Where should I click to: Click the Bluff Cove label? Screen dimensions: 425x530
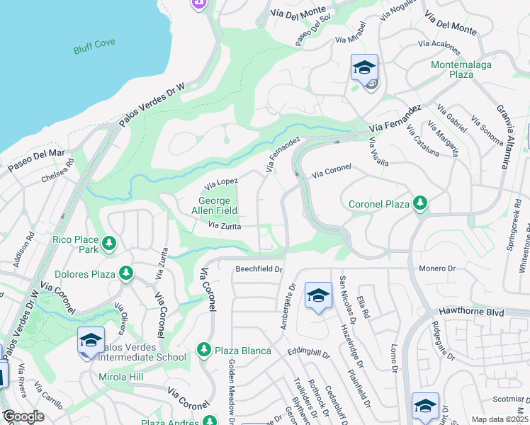tap(93, 50)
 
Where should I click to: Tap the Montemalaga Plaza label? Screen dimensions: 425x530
tap(462, 69)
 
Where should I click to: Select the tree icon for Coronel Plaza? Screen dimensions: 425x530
tap(420, 204)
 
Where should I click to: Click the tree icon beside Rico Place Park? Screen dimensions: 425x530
tap(108, 244)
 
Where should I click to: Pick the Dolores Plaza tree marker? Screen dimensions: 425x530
tap(125, 273)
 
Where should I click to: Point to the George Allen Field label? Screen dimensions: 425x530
tap(214, 205)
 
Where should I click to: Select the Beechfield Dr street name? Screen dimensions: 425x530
tap(259, 269)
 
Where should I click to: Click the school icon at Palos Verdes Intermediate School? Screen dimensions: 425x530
tap(91, 341)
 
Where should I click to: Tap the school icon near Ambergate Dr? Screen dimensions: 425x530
tap(318, 295)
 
